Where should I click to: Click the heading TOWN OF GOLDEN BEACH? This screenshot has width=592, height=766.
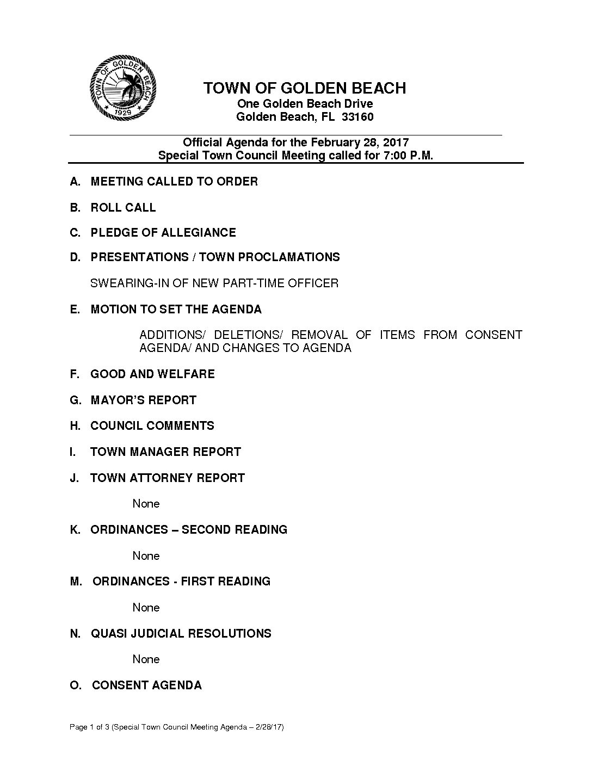click(x=304, y=88)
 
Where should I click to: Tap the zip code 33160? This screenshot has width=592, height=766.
click(x=357, y=117)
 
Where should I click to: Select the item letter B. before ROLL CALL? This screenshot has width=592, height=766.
click(x=75, y=207)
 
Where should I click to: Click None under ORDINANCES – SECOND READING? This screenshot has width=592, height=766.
click(x=146, y=555)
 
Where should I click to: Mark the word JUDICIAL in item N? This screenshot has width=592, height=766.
click(x=160, y=633)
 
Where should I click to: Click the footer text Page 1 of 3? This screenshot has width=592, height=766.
click(x=89, y=727)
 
